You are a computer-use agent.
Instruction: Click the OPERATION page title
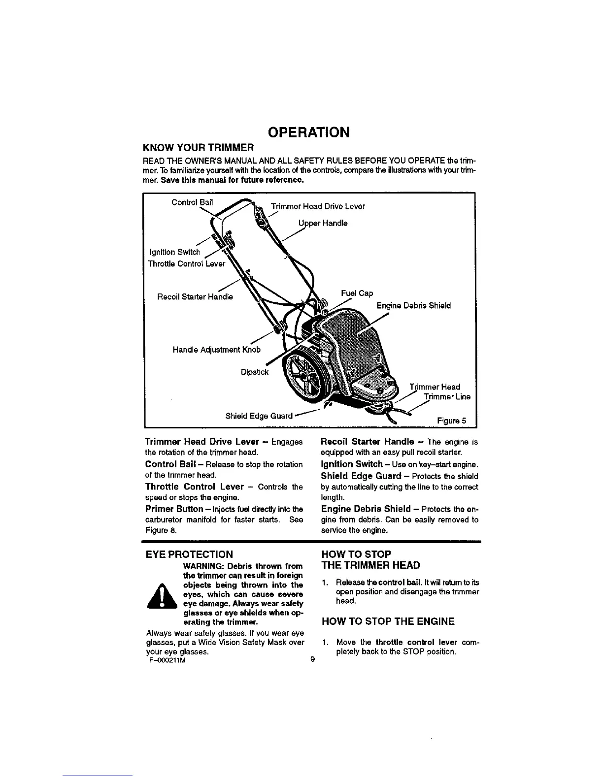point(308,132)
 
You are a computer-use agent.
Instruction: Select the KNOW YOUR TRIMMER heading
point(198,148)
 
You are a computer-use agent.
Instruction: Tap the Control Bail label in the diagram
point(192,202)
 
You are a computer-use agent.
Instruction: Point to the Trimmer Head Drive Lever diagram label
point(318,206)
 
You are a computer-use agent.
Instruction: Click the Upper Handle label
point(323,223)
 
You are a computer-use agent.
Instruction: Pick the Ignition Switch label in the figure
point(174,253)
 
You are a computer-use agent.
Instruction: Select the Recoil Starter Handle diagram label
point(195,297)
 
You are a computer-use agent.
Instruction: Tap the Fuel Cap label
point(357,293)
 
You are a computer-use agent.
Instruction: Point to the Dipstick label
point(255,372)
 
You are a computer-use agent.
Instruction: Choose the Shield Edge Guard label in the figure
point(259,416)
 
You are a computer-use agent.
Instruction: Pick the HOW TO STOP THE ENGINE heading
point(388,622)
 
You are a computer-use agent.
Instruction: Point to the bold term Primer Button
point(174,509)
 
